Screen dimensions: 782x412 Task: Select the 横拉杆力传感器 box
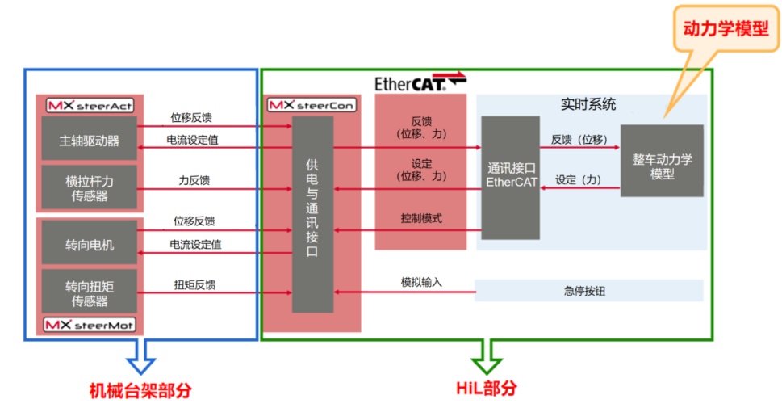pos(90,187)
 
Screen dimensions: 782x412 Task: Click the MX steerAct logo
pos(90,105)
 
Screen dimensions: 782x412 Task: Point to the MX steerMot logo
pos(90,325)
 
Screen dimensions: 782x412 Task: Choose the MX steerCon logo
pos(312,105)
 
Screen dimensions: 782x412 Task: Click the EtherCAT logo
pos(420,82)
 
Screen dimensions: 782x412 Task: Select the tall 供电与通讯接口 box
pos(312,215)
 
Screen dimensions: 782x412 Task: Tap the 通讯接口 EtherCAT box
pos(511,178)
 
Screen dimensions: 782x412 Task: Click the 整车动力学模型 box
pos(662,161)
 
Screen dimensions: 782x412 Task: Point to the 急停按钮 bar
pos(589,291)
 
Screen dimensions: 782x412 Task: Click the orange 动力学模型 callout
pos(726,28)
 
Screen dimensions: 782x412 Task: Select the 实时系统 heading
pos(588,104)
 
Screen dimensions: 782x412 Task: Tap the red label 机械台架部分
pos(140,390)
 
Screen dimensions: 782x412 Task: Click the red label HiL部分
pos(487,388)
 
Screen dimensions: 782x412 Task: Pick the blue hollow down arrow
pos(140,357)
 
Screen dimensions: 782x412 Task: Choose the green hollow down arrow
pos(487,357)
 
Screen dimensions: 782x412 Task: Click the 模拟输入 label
pos(421,282)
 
